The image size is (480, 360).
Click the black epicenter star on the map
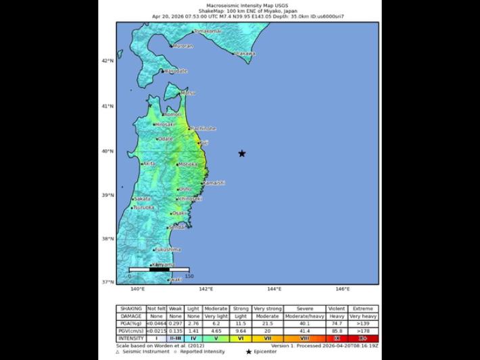tap(242, 154)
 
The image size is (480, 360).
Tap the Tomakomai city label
tap(208, 31)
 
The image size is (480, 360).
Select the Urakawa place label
tap(245, 53)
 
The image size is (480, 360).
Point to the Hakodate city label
tap(176, 70)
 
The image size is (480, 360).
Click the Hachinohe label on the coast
tap(203, 128)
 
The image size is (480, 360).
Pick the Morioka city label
tap(188, 164)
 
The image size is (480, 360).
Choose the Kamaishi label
tap(214, 183)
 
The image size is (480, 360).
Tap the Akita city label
tap(149, 164)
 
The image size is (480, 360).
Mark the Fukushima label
tap(168, 250)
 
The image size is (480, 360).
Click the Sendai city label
tap(178, 227)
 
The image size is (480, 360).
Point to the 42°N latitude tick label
tap(107, 61)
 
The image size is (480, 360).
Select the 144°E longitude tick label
tap(274, 289)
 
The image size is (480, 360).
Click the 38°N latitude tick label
tap(107, 238)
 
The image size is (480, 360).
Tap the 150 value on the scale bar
tap(189, 276)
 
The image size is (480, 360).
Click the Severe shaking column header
tap(305, 309)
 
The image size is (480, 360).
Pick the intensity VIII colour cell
tap(305, 338)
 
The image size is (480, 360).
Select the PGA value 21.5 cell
tap(268, 323)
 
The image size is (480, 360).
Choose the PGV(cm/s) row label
tap(130, 331)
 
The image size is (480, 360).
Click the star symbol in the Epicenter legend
tap(249, 352)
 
